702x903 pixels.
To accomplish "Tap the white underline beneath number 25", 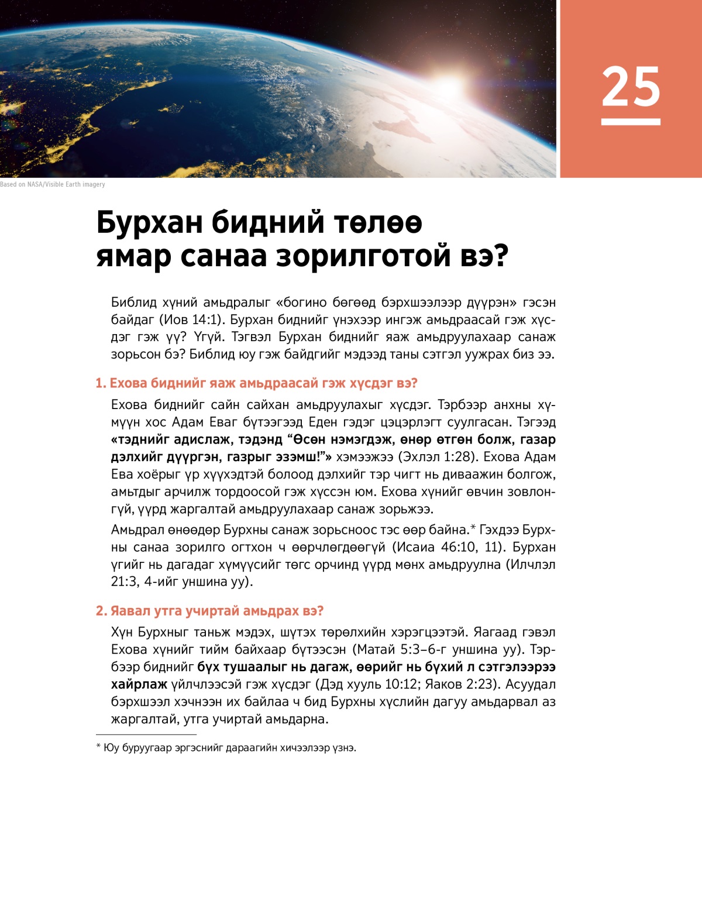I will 631,122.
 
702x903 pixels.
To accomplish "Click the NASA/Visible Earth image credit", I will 53,184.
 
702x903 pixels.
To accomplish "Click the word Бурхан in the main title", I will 149,222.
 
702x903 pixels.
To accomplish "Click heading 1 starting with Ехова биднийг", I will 256,383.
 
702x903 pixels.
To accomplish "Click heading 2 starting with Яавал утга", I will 209,611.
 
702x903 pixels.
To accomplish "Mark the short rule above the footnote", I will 146,734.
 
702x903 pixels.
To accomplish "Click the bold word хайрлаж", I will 139,684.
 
